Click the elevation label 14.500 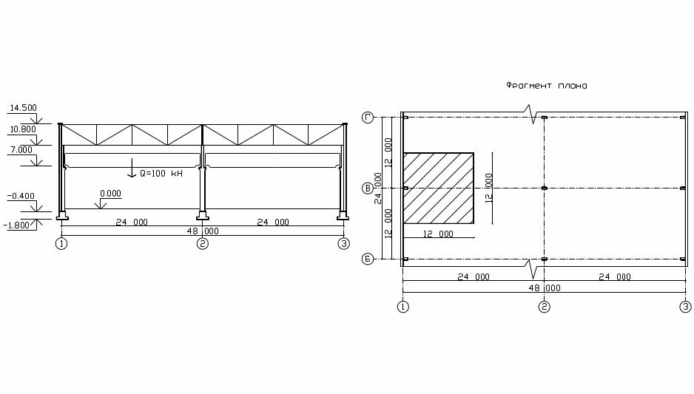[x=24, y=108]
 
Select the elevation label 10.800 [x=24, y=129]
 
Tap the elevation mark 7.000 [x=21, y=150]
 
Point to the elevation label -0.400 [x=21, y=196]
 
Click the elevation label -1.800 [x=16, y=225]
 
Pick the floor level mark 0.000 [x=110, y=194]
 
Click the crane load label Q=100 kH [x=161, y=173]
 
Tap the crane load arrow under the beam [x=132, y=168]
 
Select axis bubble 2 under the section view [x=202, y=244]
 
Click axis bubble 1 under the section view [x=61, y=244]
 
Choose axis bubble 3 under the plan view [x=685, y=307]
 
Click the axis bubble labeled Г [x=368, y=118]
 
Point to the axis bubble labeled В [x=368, y=188]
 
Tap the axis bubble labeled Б [x=368, y=259]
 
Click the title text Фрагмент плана [x=547, y=85]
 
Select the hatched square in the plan [x=439, y=188]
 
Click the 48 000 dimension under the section [x=203, y=231]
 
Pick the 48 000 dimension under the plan [x=545, y=288]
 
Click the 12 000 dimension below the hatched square [x=438, y=234]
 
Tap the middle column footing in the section [x=202, y=215]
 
